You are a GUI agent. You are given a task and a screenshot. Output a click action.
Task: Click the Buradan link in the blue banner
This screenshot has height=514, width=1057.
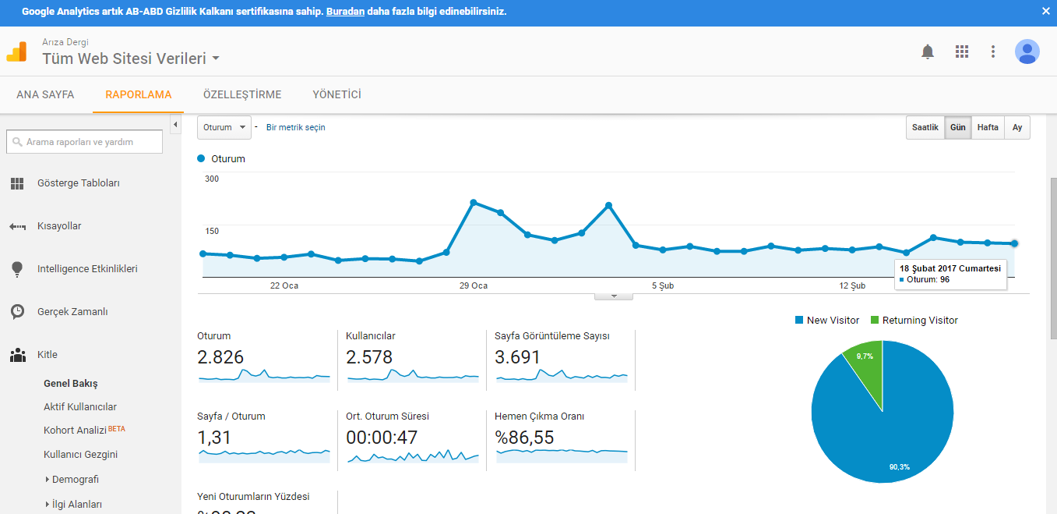pos(345,12)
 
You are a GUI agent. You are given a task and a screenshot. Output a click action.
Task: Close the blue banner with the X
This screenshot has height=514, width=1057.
pos(1045,12)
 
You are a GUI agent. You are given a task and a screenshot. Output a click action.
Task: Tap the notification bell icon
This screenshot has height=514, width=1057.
pos(927,51)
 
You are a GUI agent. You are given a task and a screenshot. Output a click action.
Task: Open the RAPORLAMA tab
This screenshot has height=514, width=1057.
pos(139,94)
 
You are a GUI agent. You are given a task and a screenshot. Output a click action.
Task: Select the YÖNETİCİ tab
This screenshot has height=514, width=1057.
pos(336,94)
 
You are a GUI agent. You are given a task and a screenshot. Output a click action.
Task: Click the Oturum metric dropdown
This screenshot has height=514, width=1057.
pos(224,128)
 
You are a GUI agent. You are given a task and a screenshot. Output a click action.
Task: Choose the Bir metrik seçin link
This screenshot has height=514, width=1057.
pos(295,128)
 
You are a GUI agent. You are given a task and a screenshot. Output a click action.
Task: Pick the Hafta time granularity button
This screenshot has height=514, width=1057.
pos(988,128)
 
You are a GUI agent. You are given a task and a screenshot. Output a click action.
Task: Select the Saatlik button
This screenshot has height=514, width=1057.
pos(925,128)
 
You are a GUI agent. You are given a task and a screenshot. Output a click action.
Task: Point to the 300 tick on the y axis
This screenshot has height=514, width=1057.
pos(212,179)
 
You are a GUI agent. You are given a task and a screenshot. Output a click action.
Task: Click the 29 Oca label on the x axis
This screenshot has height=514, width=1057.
pos(474,285)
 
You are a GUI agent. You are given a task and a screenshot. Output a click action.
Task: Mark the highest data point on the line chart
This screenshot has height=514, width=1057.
pos(474,203)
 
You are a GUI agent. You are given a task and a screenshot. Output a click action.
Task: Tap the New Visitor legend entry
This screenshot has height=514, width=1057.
pos(827,321)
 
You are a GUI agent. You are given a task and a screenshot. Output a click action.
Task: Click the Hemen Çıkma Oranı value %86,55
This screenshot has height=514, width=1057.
pos(523,438)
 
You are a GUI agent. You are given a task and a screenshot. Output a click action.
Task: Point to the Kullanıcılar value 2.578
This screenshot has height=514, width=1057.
pos(369,357)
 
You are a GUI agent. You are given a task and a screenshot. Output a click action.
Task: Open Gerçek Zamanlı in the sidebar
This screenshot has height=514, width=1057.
pos(72,312)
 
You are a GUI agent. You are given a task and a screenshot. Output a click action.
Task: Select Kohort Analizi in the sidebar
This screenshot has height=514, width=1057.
pos(75,431)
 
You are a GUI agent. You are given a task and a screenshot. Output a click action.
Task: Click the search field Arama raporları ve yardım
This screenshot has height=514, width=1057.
pos(84,142)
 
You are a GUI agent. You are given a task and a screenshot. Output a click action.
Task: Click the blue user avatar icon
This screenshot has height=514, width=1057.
pos(1027,51)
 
